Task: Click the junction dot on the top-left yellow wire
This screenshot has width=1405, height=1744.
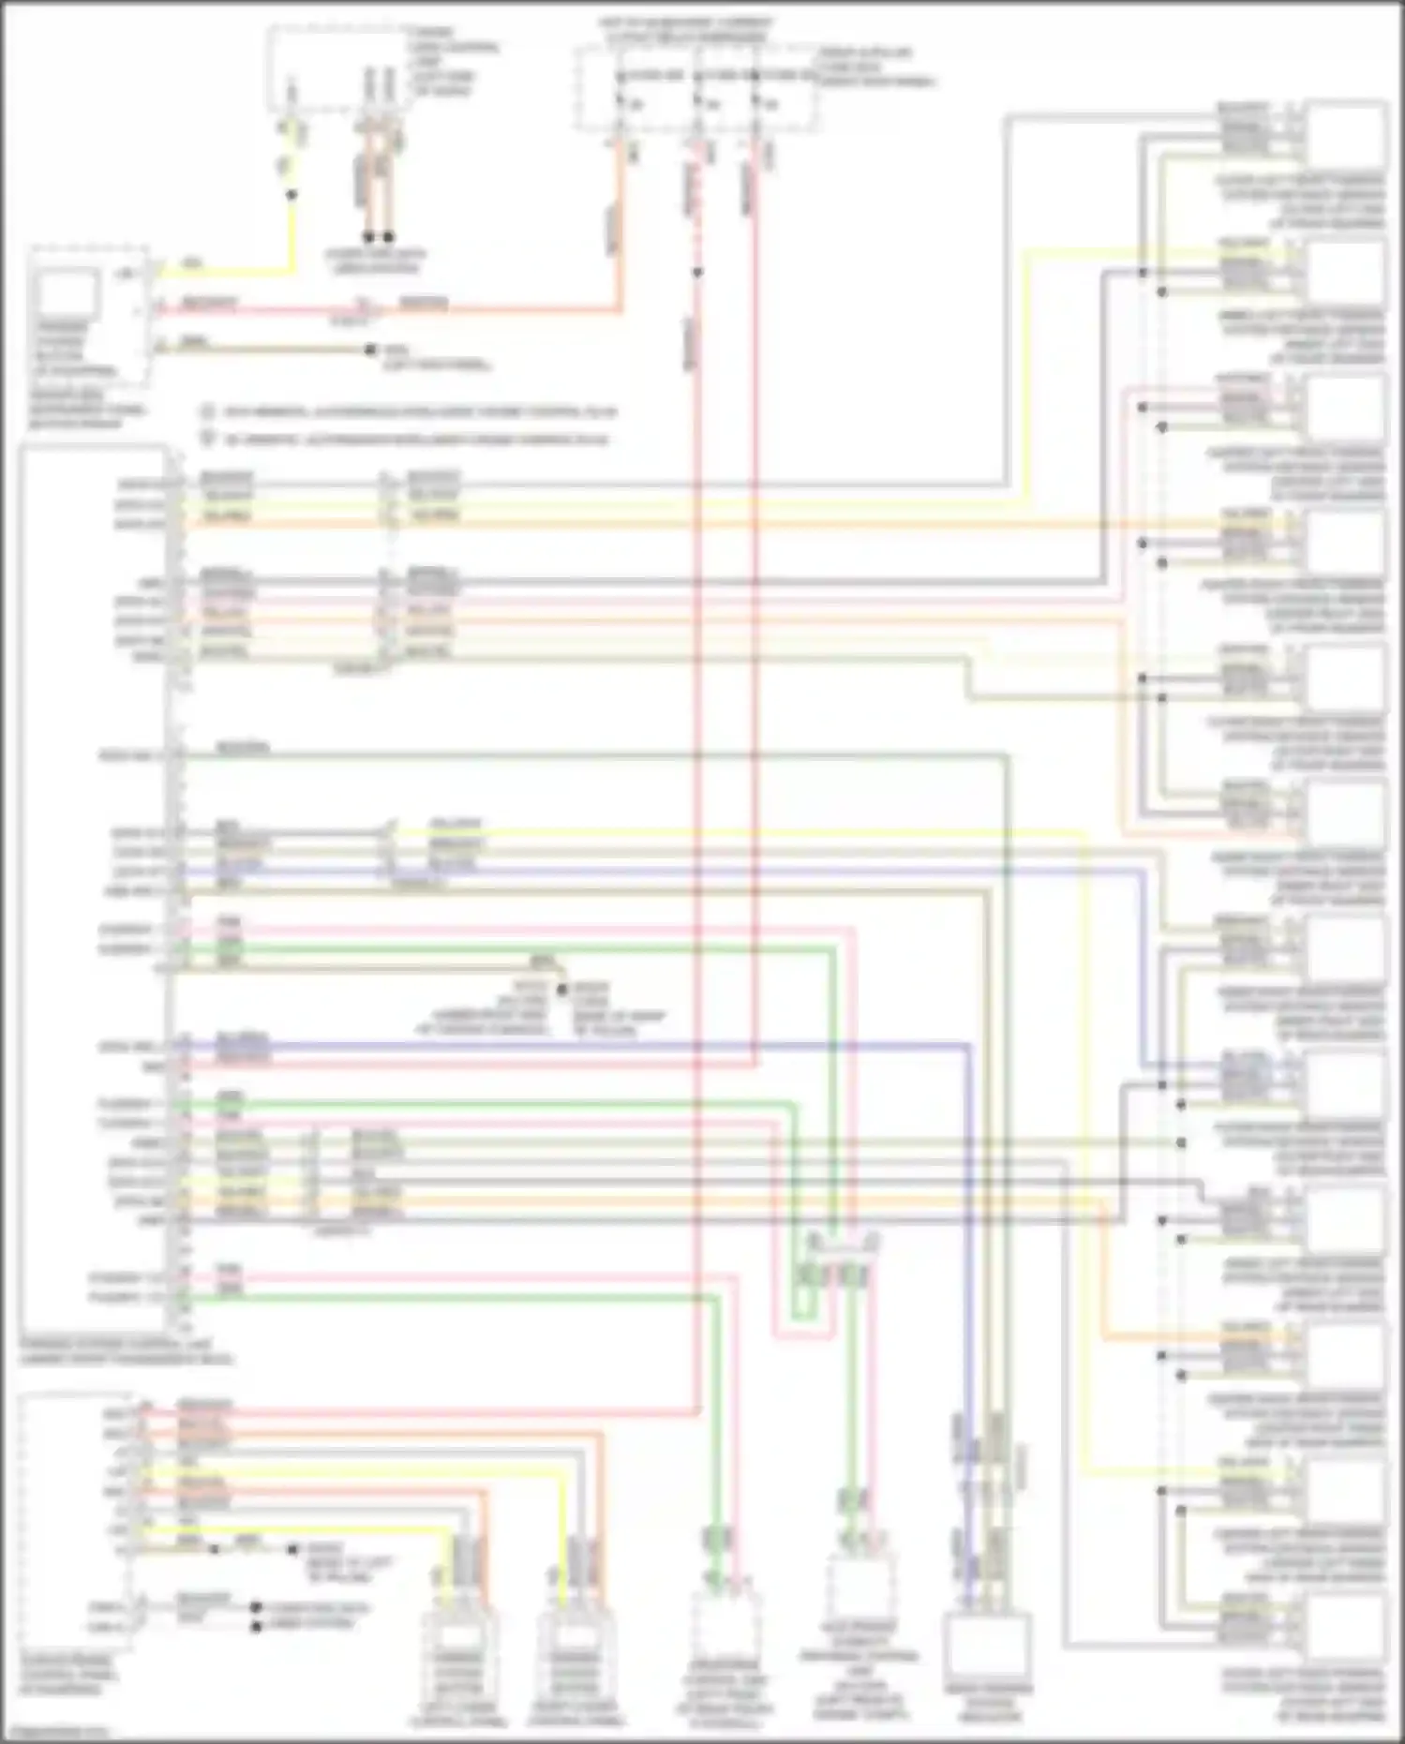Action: pyautogui.click(x=291, y=195)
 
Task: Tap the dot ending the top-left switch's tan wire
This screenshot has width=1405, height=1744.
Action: pyautogui.click(x=372, y=350)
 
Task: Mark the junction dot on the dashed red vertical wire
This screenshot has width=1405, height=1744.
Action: pyautogui.click(x=697, y=273)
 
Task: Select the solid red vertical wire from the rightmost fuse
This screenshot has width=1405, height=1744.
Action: pyautogui.click(x=755, y=562)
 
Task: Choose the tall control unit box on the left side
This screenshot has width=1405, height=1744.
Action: pyautogui.click(x=94, y=890)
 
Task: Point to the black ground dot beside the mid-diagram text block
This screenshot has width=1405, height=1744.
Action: pyautogui.click(x=562, y=989)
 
